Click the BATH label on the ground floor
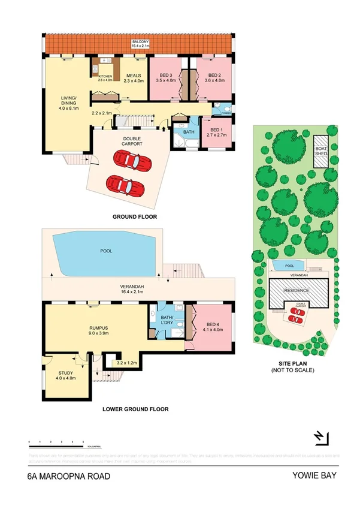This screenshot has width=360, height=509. (189, 132)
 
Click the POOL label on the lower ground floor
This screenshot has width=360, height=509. (105, 251)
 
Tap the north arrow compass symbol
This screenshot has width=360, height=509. (321, 438)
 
